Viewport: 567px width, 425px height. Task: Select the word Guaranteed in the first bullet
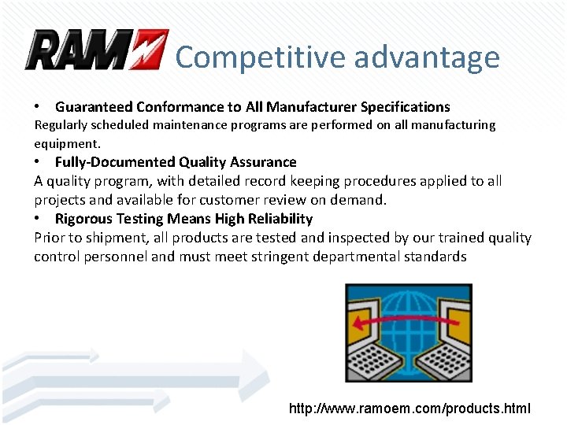[x=94, y=107]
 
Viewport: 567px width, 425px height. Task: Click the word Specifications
[x=405, y=107]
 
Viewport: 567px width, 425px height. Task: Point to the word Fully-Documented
[x=115, y=162]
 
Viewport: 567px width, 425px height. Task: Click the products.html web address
[x=409, y=408]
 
